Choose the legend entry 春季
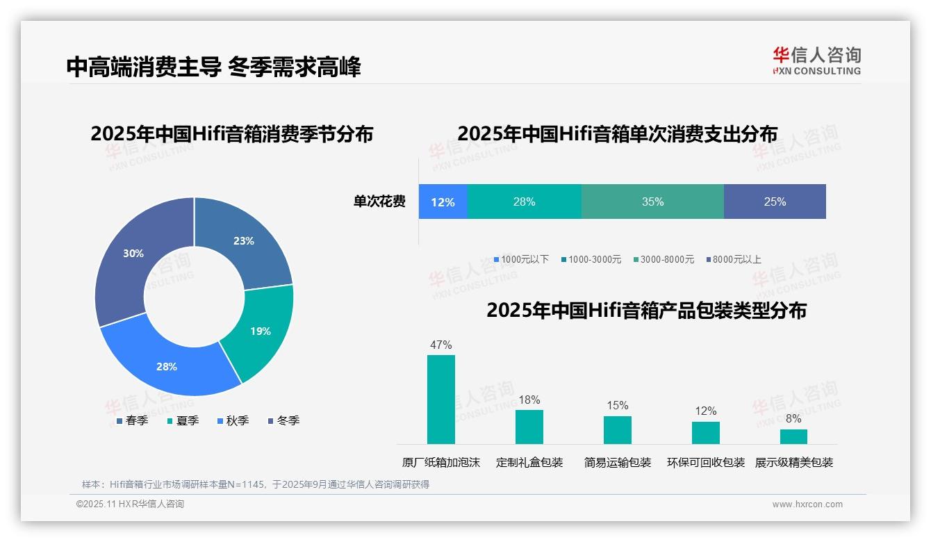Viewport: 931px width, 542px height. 132,420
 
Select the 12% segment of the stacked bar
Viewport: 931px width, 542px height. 443,202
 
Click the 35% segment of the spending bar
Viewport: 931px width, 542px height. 652,202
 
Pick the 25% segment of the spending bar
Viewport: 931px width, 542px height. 775,202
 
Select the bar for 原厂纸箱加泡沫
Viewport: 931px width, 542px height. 441,400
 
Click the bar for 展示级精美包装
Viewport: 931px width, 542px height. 793,436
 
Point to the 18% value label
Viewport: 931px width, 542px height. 529,400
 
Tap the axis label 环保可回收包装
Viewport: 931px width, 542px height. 705,463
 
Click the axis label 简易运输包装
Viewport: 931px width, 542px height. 617,463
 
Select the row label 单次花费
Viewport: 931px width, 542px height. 379,202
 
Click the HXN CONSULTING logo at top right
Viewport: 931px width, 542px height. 816,60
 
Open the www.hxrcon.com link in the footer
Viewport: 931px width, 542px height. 807,504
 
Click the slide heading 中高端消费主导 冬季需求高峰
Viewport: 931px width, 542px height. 213,67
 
